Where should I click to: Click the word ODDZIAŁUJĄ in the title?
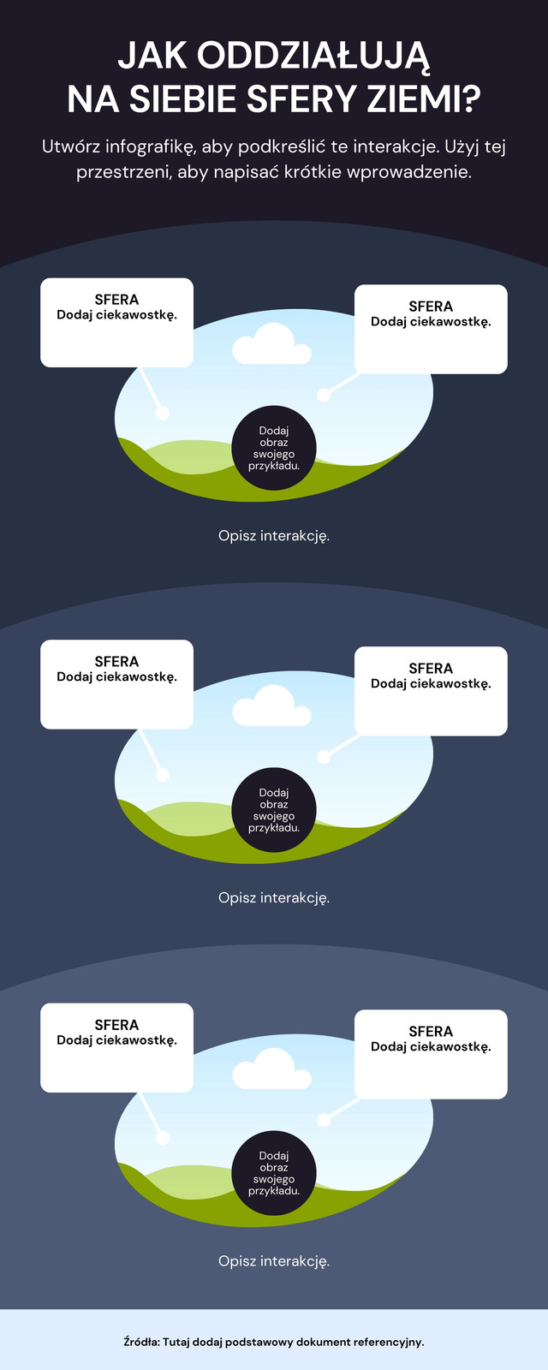tap(313, 57)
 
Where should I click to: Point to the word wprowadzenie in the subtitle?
tap(409, 172)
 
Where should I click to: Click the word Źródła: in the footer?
tap(141, 1342)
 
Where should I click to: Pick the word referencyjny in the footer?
tap(387, 1343)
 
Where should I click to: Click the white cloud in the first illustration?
tap(271, 344)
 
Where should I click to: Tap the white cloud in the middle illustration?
tap(271, 706)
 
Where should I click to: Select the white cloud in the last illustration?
tap(271, 1069)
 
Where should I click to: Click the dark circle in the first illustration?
tap(273, 449)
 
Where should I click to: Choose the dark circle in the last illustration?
tap(273, 1173)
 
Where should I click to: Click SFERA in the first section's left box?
tap(116, 300)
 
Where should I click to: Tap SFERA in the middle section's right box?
tap(431, 669)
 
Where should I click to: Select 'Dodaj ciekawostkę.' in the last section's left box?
tap(116, 1040)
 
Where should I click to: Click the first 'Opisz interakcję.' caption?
tap(274, 536)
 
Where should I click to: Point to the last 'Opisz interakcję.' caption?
tap(274, 1261)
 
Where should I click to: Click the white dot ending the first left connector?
tap(162, 413)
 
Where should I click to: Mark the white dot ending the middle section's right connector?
tap(324, 757)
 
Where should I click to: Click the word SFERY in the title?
tap(302, 99)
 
